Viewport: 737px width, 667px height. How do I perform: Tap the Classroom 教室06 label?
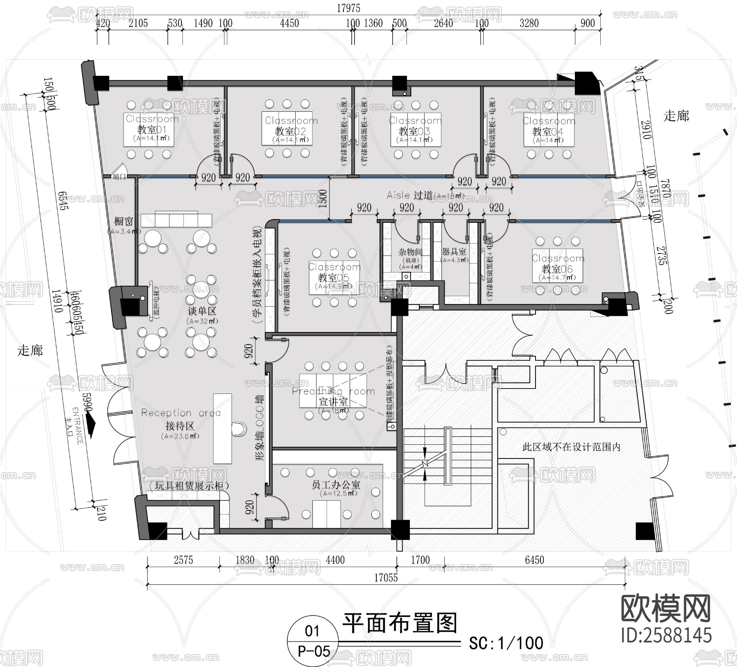tap(557, 269)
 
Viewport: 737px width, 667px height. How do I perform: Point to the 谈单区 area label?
tap(201, 311)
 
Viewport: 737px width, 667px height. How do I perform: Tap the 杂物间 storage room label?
tap(410, 252)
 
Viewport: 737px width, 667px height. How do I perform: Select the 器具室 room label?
tap(454, 251)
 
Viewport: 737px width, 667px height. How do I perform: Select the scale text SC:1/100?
tap(506, 643)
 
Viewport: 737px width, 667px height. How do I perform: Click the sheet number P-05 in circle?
tap(313, 651)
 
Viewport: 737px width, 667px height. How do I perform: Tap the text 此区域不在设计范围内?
tap(571, 447)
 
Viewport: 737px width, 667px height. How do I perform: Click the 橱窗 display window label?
tap(123, 221)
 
